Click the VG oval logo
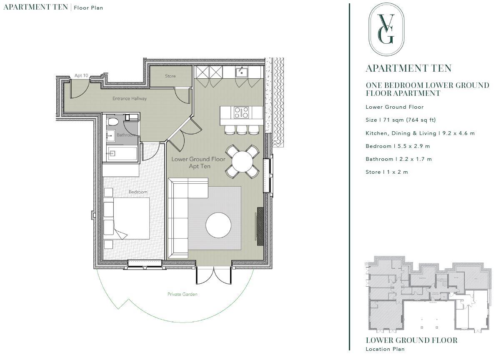pos(386,29)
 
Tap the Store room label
pos(170,76)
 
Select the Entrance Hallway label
pos(130,99)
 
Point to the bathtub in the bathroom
pos(122,153)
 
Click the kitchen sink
pos(242,72)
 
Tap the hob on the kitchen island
pos(241,112)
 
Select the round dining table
pos(243,162)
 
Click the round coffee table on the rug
pos(218,225)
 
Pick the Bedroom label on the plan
pos(138,192)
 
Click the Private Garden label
pos(183,294)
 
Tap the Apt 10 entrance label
pos(81,75)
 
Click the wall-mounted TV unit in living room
pos(260,225)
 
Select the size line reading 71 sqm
pos(401,120)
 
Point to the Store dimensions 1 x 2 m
pos(387,172)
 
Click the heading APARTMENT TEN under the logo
pos(408,69)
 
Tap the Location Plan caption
pos(385,349)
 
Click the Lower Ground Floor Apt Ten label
pos(198,163)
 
